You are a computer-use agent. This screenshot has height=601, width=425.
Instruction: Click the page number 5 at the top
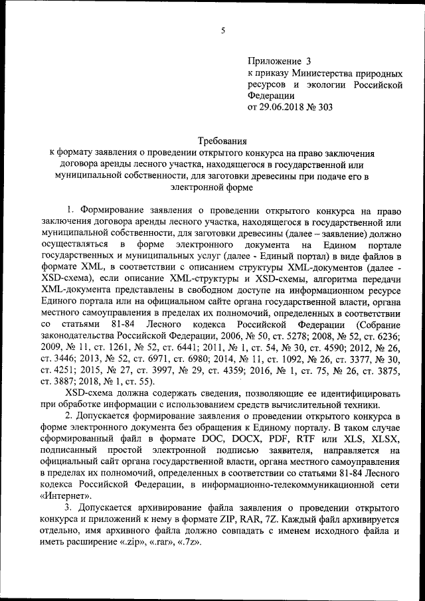tap(224, 29)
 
